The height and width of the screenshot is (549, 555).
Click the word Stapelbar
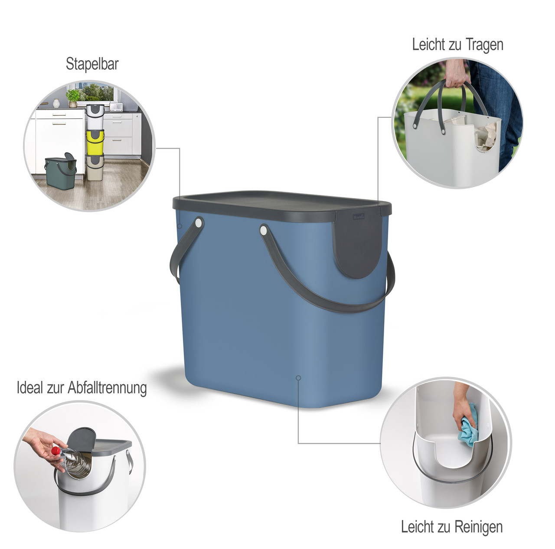tap(92, 64)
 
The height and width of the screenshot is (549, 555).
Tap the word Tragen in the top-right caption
tap(484, 45)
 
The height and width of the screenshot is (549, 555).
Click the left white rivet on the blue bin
tap(199, 222)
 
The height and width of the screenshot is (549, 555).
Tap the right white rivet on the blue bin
tap(263, 230)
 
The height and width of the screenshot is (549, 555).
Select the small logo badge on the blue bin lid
tap(359, 217)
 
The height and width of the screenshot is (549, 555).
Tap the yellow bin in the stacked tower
tap(95, 142)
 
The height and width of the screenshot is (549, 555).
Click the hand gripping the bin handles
tap(456, 73)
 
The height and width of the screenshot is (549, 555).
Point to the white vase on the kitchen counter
tap(56, 103)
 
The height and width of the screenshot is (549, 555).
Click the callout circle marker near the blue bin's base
tap(298, 378)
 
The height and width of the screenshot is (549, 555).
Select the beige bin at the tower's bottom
tap(95, 167)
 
